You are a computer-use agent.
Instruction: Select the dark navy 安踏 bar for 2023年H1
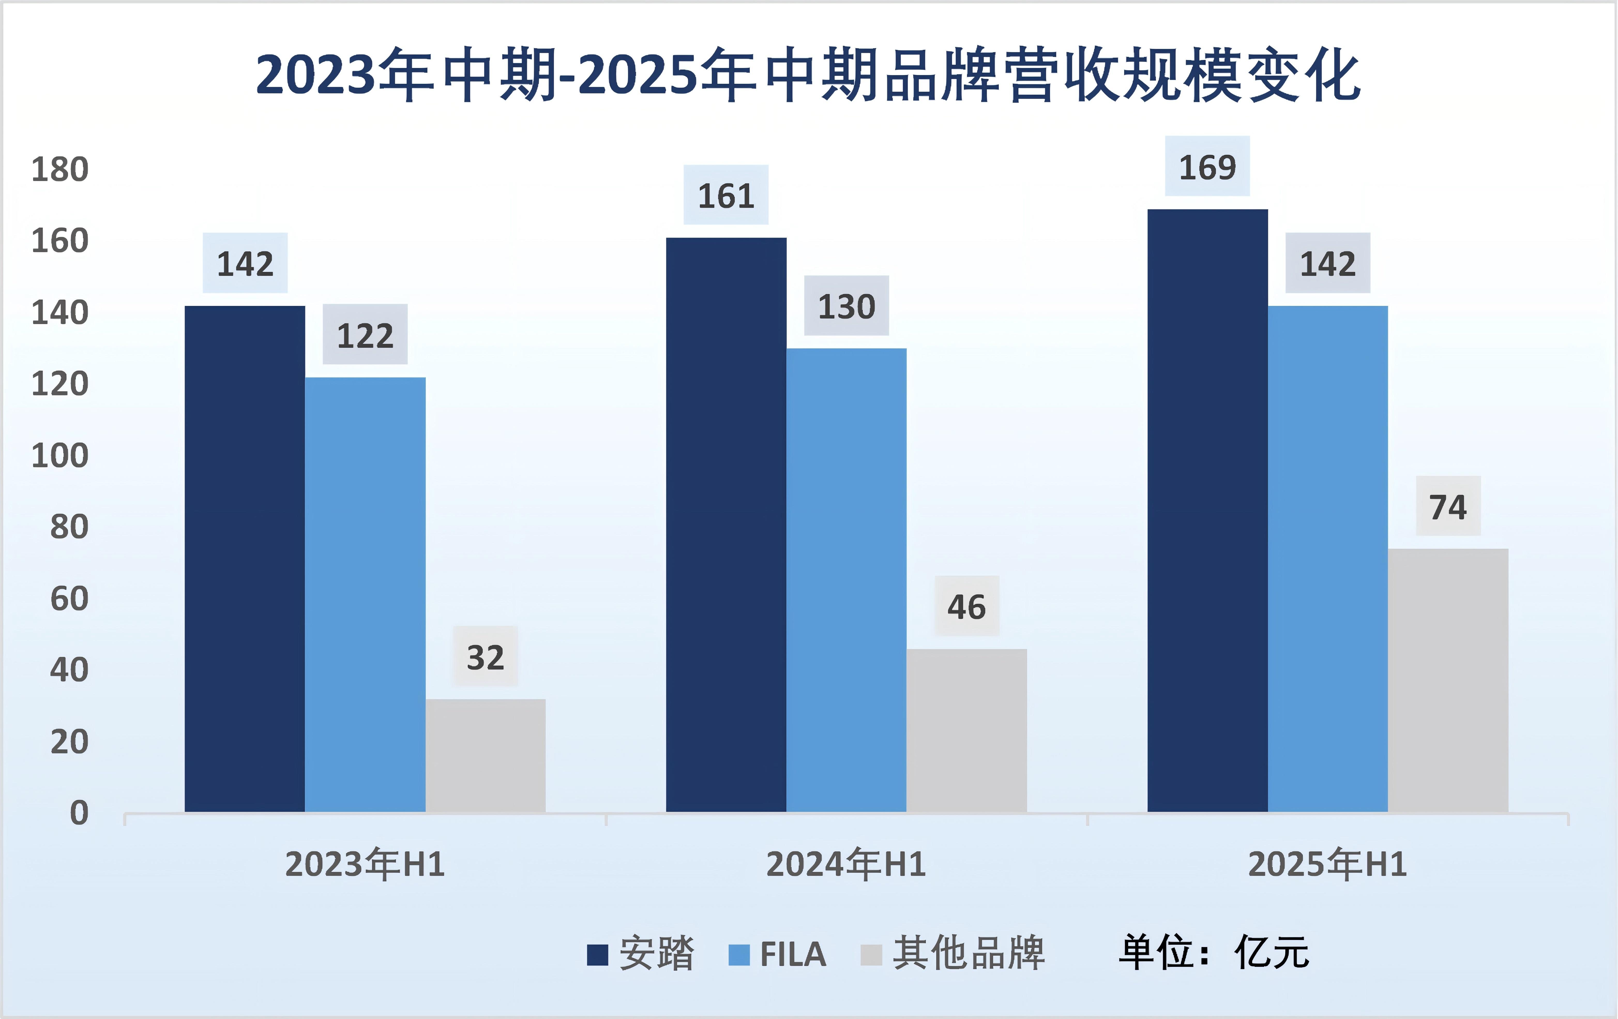pyautogui.click(x=245, y=558)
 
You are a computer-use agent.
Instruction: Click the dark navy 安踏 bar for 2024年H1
pyautogui.click(x=726, y=524)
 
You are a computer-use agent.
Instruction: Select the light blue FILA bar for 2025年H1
pyautogui.click(x=1328, y=558)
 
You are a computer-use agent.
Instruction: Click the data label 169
pyautogui.click(x=1207, y=167)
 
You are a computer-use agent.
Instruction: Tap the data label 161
pyautogui.click(x=726, y=196)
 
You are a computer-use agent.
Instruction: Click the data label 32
pyautogui.click(x=485, y=657)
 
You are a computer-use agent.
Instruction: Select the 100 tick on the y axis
pyautogui.click(x=60, y=456)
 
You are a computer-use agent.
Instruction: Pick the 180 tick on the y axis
pyautogui.click(x=60, y=169)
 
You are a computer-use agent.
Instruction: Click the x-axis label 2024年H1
pyautogui.click(x=846, y=864)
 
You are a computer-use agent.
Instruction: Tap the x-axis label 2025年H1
pyautogui.click(x=1328, y=864)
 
